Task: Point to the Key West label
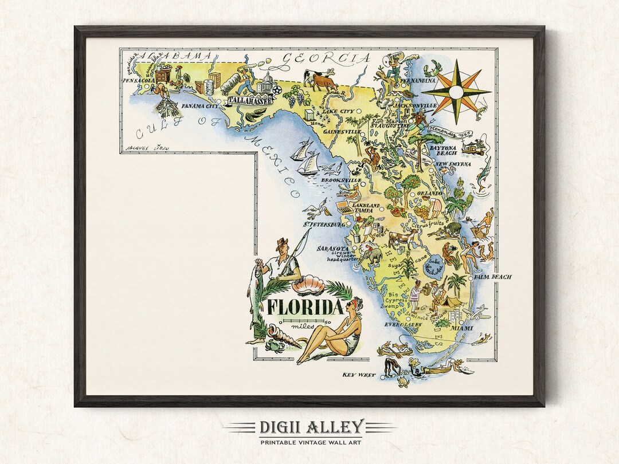pos(359,375)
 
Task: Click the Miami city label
pos(461,328)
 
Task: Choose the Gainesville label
pos(342,132)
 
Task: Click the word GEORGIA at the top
pos(327,58)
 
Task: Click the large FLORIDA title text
pos(301,308)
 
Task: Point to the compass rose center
pos(457,92)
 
